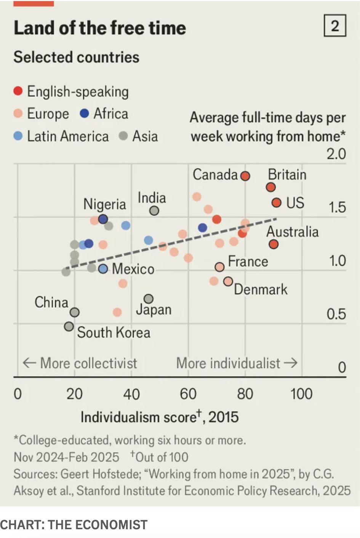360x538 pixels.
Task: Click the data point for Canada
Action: pyautogui.click(x=245, y=176)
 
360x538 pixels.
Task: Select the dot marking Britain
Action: pyautogui.click(x=271, y=187)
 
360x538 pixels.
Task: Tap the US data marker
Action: pyautogui.click(x=277, y=203)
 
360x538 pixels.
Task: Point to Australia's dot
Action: pyautogui.click(x=274, y=244)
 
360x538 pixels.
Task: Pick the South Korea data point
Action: pyautogui.click(x=69, y=327)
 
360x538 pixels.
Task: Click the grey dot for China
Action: pyautogui.click(x=75, y=312)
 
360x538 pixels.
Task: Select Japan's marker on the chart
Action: pyautogui.click(x=149, y=299)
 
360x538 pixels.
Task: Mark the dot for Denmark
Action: pyautogui.click(x=228, y=282)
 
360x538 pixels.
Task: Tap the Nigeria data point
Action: pyautogui.click(x=103, y=219)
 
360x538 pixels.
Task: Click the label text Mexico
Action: pyautogui.click(x=133, y=269)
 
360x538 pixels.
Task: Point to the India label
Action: pyautogui.click(x=152, y=198)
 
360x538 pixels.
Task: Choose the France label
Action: pyautogui.click(x=248, y=262)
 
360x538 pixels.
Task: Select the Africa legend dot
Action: pyautogui.click(x=85, y=114)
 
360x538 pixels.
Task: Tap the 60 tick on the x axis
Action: pyautogui.click(x=188, y=394)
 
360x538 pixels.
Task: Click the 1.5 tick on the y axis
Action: pyautogui.click(x=337, y=207)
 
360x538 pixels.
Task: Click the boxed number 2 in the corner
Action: pyautogui.click(x=335, y=26)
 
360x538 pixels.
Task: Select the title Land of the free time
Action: pyautogui.click(x=100, y=28)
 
